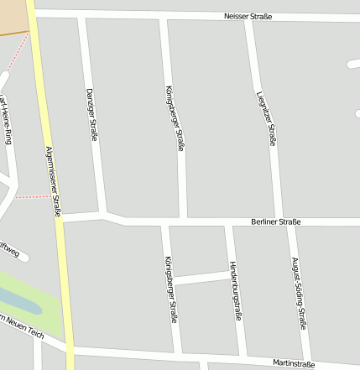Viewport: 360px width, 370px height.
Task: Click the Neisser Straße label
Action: point(248,17)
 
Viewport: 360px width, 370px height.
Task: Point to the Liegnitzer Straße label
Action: point(266,118)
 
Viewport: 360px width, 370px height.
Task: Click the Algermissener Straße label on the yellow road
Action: point(51,179)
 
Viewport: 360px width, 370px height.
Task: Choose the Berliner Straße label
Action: point(275,221)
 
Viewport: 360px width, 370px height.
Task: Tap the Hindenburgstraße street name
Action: point(235,290)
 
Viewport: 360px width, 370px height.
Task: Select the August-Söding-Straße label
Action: point(298,293)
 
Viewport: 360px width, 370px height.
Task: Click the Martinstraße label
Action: point(294,363)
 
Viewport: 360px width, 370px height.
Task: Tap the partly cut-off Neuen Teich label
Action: point(21,324)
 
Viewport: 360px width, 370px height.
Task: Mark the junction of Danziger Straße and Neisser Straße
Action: point(81,15)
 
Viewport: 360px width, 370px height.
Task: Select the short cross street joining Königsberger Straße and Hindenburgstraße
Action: point(202,276)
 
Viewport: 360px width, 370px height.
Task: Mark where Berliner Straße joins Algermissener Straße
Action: point(61,218)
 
